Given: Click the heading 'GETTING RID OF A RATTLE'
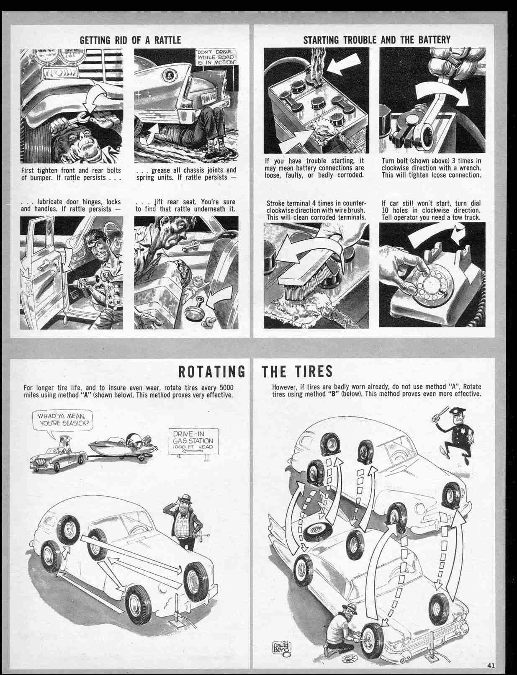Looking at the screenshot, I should click(x=130, y=40).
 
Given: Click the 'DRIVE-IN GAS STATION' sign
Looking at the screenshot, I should click(x=193, y=441).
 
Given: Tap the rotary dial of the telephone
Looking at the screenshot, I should click(x=430, y=286).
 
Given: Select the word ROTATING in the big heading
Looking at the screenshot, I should click(x=212, y=371).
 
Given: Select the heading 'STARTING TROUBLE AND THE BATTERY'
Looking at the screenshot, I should click(x=376, y=40).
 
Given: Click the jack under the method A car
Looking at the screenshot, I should click(x=177, y=609).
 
